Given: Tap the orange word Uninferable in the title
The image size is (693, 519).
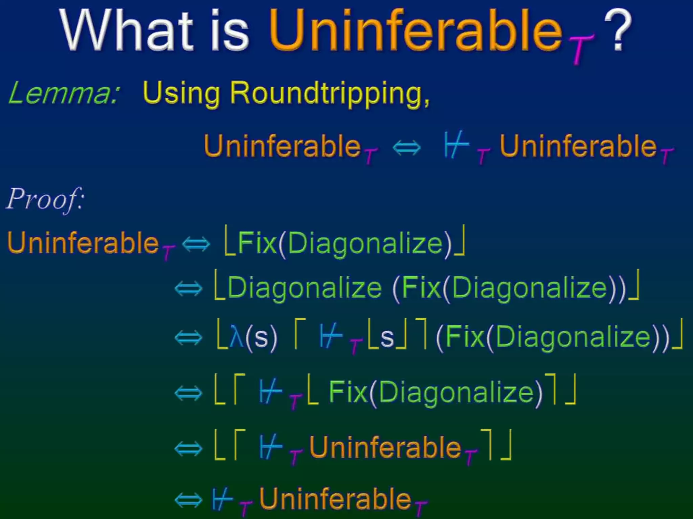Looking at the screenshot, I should click(x=415, y=31).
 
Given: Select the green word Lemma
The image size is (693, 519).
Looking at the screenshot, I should click(x=63, y=93).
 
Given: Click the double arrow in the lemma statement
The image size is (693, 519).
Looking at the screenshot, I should click(x=407, y=148).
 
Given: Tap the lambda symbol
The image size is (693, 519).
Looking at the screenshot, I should click(x=236, y=337).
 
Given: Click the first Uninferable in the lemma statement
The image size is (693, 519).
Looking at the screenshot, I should click(x=283, y=146).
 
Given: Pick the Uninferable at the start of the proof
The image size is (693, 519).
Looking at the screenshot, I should click(x=83, y=243).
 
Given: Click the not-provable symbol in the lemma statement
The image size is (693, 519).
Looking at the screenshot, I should click(x=456, y=146).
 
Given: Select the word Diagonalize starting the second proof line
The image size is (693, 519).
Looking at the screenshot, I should click(x=305, y=288).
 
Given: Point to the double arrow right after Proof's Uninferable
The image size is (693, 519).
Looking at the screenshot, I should click(x=196, y=244).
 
